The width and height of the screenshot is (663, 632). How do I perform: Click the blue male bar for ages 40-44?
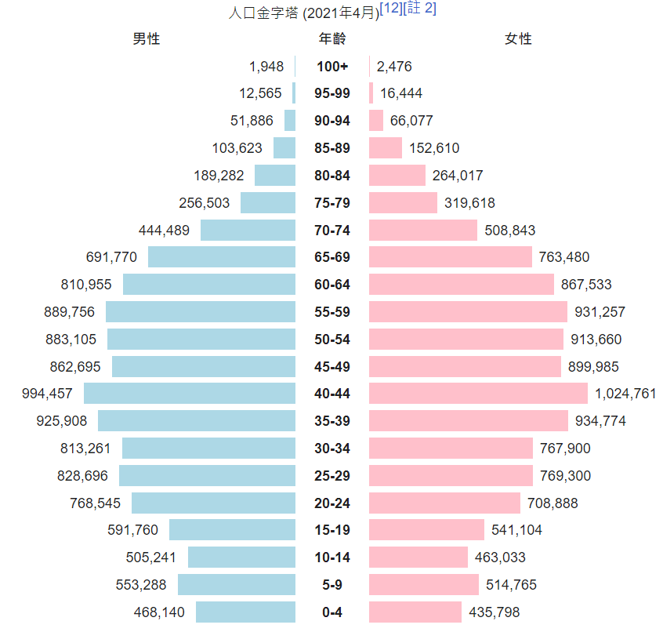coord(190,394)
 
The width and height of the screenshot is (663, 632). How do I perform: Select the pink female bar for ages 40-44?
coord(478,394)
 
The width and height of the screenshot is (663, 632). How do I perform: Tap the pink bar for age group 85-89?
coord(386,148)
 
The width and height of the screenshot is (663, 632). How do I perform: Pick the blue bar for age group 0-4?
coord(245,612)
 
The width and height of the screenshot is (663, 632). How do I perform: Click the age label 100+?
coord(332,67)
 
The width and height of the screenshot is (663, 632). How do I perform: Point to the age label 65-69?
coord(332,257)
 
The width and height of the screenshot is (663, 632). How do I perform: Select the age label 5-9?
coord(332,585)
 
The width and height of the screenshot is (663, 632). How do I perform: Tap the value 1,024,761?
coord(625,394)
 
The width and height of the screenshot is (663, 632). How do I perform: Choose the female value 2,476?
coord(394,67)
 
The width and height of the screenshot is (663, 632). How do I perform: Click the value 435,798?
coord(495,612)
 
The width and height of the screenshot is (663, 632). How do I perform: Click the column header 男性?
coord(147,38)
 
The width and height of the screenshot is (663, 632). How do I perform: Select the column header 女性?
coord(518,38)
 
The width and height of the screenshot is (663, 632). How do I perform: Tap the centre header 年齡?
coord(332,38)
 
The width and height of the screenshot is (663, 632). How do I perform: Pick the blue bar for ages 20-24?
coord(213,503)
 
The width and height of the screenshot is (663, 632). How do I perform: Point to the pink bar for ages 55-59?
coord(468,312)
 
